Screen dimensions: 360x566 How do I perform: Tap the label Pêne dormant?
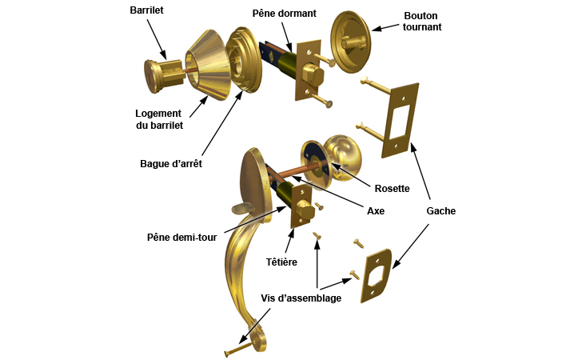point(284,14)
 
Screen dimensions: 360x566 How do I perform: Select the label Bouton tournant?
point(423,21)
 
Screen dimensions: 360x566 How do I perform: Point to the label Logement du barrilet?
point(159,119)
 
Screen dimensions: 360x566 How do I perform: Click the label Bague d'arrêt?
point(170,163)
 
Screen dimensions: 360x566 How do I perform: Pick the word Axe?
point(375,212)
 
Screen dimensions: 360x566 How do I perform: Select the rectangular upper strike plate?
point(401,118)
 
